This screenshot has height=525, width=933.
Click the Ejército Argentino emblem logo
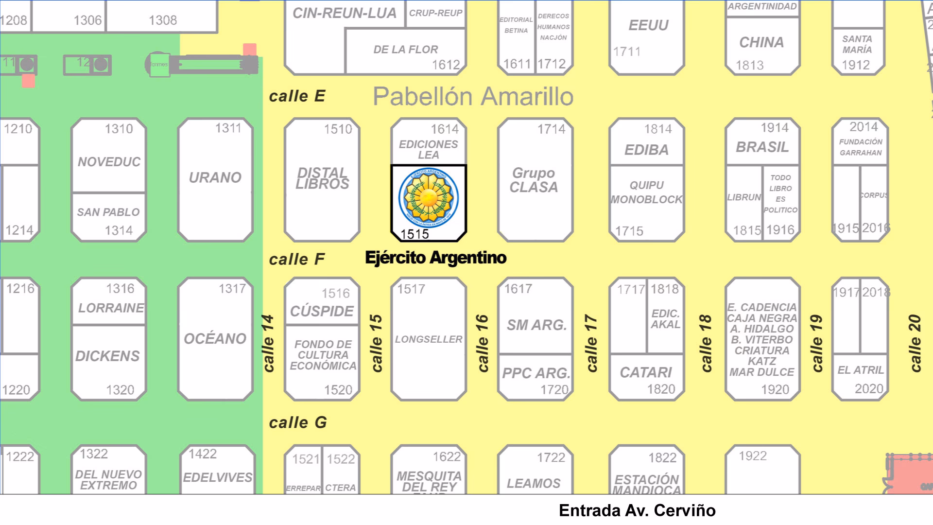point(429,198)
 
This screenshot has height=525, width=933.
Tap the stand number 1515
point(415,234)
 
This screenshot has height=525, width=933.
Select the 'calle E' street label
point(297,96)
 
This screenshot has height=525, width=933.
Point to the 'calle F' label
point(296,260)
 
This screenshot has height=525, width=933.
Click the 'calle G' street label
point(297,423)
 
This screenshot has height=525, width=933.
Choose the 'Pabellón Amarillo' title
point(473,96)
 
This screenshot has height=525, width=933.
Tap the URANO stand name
point(215,178)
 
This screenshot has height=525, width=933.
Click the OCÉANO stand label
point(215,339)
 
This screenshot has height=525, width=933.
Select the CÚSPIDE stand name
point(322,311)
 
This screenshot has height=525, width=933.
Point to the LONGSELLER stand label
point(429,339)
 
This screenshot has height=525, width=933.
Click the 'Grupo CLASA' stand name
point(534,180)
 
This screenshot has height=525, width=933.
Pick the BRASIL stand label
point(762,147)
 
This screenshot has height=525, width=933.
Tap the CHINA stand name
point(761,43)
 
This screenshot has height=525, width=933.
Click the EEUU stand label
point(648,25)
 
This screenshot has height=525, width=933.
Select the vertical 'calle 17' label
point(591,343)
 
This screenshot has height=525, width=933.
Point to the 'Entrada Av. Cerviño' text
point(637,510)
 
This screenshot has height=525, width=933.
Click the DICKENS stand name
point(107,356)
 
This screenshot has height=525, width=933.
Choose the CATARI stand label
point(646,372)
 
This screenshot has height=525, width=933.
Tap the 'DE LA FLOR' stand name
point(406,50)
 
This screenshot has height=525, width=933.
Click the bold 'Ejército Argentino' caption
point(435,258)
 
